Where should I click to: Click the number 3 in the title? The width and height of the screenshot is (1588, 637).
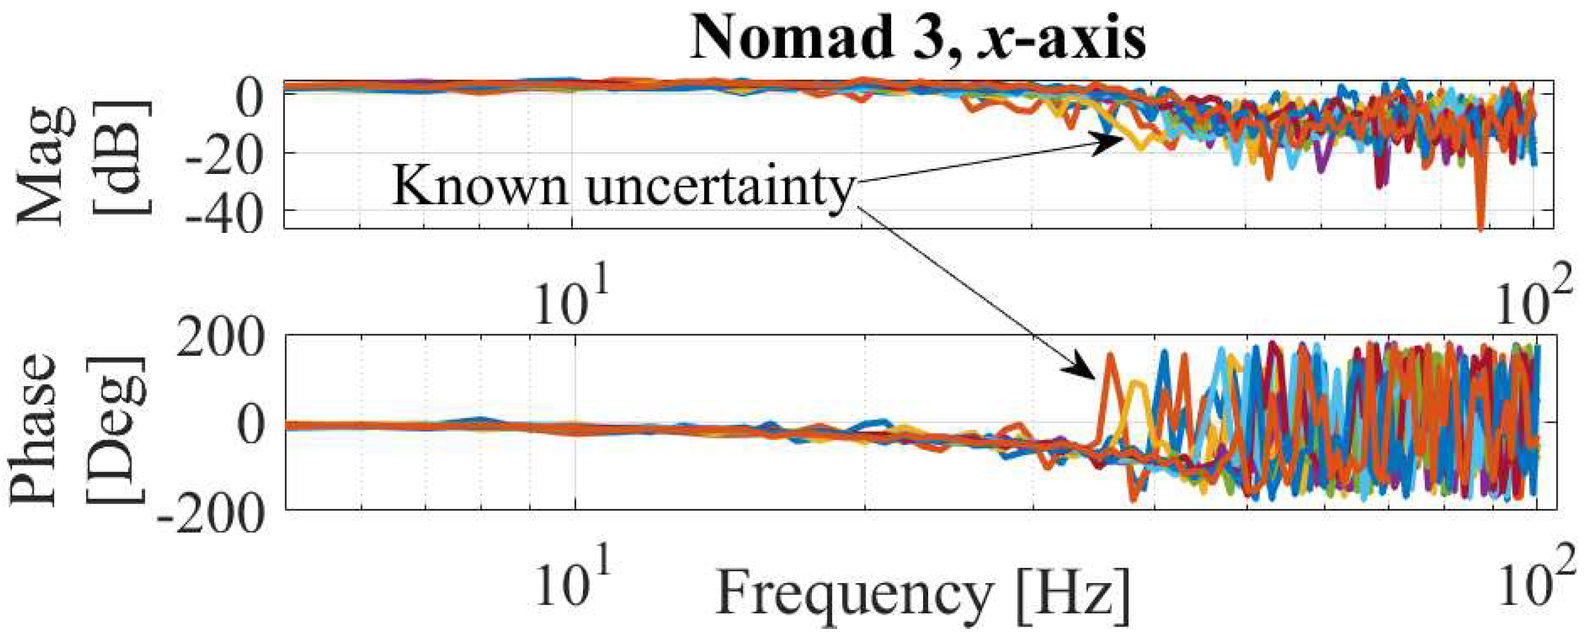pos(934,38)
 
